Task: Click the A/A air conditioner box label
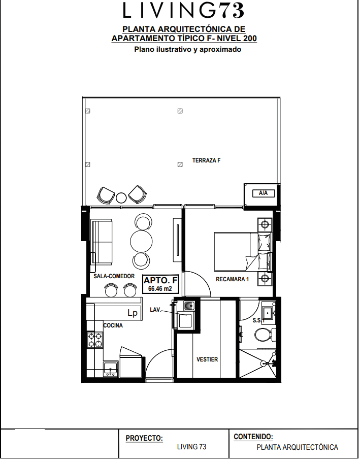263,193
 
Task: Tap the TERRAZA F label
207,160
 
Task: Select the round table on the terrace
121,197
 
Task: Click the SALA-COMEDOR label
114,276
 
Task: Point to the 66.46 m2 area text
160,288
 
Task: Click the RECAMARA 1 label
233,279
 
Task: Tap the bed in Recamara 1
243,252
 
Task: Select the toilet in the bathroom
265,335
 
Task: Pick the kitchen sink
111,369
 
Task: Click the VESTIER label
207,359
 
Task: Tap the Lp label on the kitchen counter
133,313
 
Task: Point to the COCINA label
113,325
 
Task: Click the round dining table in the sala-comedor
142,241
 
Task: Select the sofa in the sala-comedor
102,241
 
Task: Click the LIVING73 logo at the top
183,10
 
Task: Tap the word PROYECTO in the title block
144,438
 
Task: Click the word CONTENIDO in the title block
253,437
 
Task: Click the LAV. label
155,310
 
